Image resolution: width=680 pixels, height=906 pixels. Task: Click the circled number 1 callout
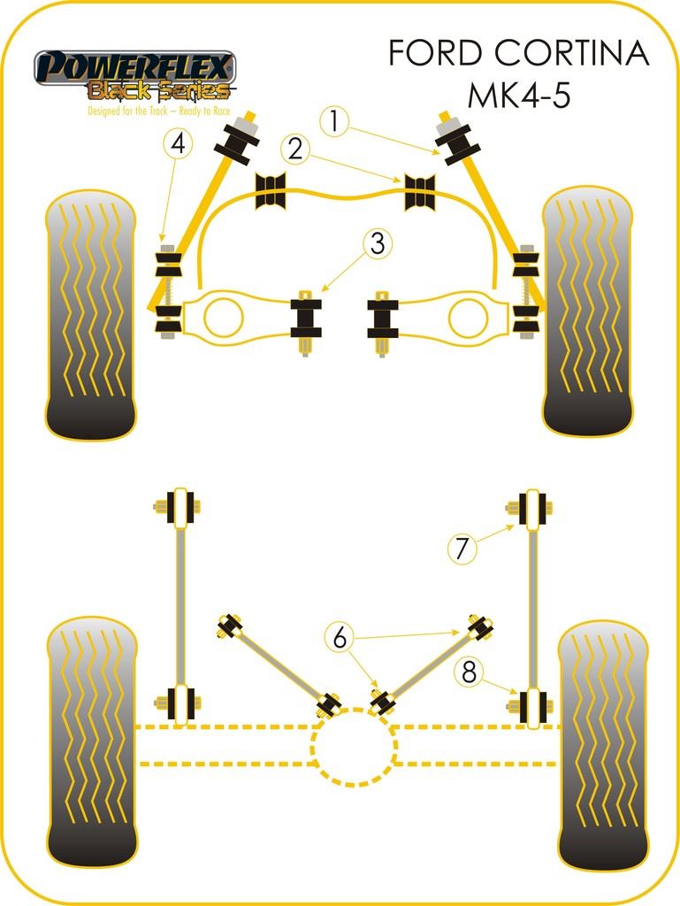point(333,120)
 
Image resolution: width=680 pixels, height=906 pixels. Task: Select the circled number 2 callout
point(295,148)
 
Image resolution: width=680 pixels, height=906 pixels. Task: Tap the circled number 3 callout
point(378,242)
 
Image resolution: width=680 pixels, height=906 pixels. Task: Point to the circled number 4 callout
point(178,143)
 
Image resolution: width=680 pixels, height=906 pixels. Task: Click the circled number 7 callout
point(462,549)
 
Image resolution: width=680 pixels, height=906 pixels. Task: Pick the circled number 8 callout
point(469,672)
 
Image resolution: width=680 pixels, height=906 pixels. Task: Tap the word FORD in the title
point(428,55)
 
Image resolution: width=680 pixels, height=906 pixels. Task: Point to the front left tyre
point(91,314)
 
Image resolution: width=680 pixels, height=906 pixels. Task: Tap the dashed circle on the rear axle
point(353,748)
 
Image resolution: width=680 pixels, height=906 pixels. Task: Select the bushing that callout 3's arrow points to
point(306,319)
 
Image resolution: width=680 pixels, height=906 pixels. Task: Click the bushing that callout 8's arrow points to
point(532,703)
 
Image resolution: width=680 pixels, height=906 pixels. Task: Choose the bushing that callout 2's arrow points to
point(420,193)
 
